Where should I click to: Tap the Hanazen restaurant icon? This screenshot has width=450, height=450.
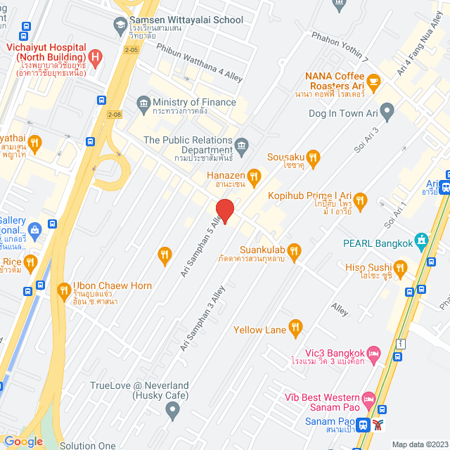click(254, 176)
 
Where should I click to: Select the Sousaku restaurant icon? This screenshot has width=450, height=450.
click(314, 158)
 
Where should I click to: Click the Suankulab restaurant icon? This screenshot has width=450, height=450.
click(294, 250)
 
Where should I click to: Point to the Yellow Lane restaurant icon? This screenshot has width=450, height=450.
click(295, 327)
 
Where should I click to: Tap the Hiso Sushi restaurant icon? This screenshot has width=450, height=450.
click(401, 267)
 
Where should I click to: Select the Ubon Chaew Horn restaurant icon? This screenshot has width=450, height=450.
click(64, 289)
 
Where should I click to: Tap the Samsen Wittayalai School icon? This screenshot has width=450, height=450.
click(120, 27)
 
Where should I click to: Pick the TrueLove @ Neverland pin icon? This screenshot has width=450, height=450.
click(170, 409)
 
